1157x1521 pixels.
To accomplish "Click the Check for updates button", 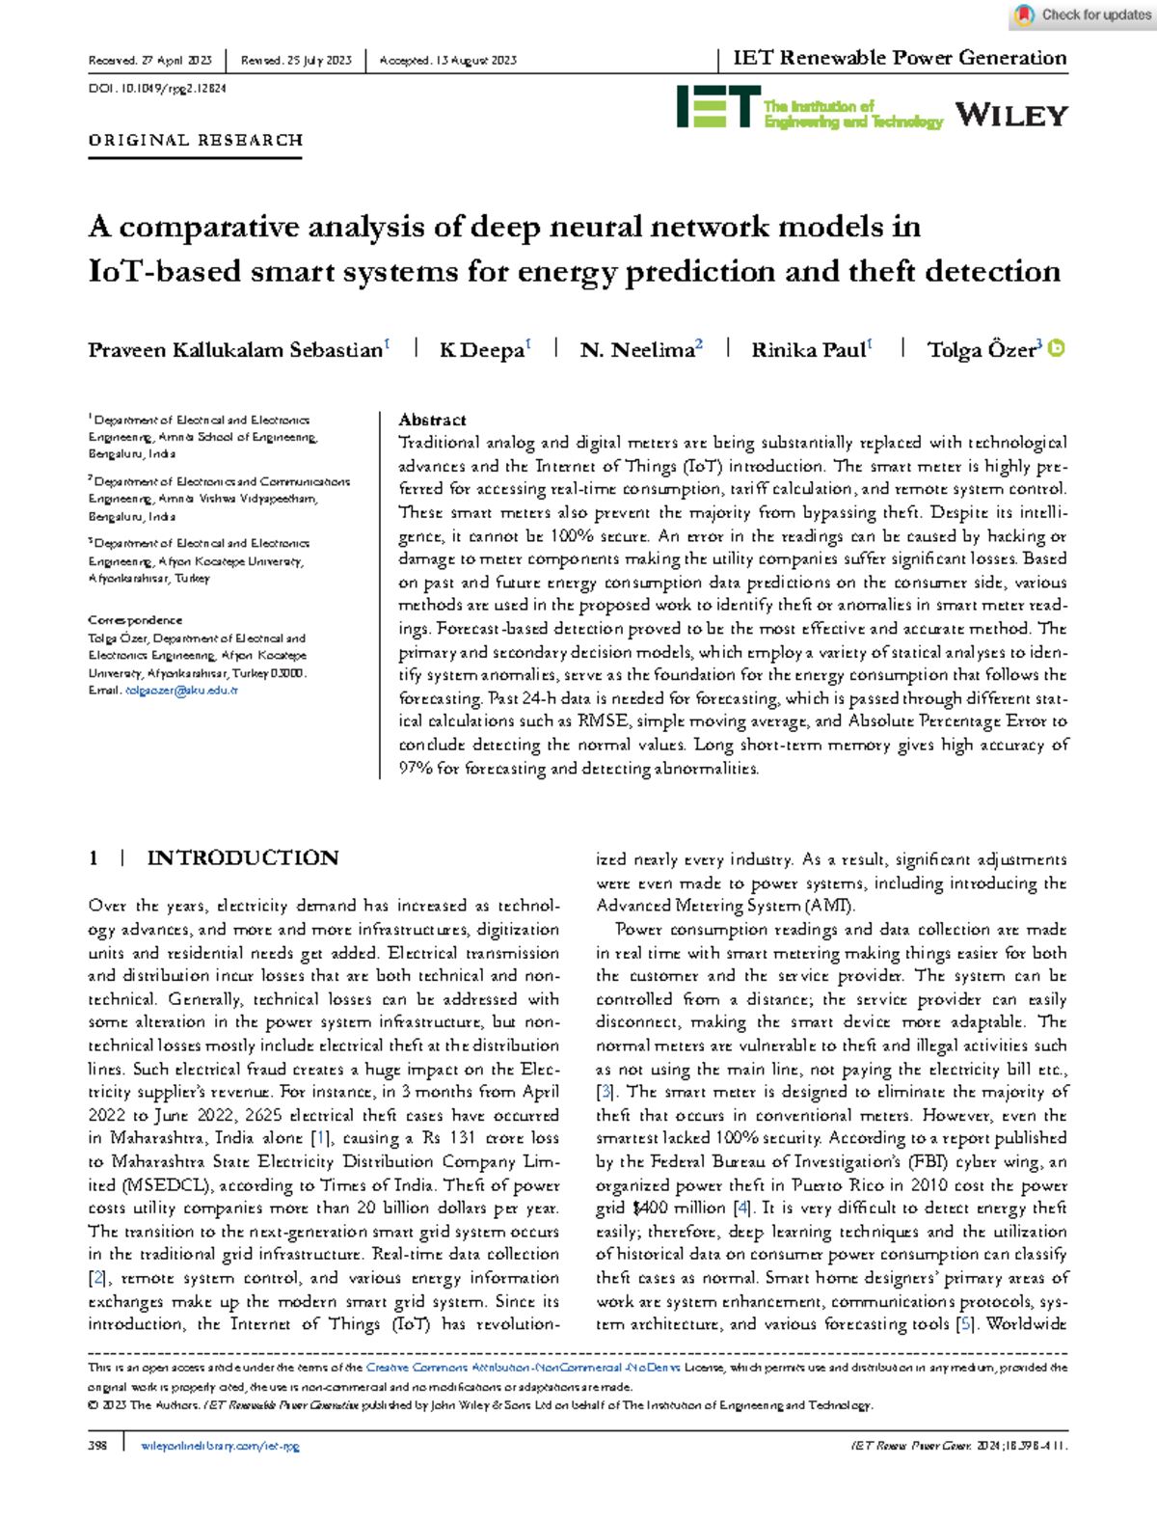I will point(1082,14).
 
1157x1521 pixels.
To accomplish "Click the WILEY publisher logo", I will point(1011,116).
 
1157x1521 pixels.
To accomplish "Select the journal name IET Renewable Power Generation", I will point(899,58).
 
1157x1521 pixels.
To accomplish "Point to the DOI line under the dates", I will point(157,89).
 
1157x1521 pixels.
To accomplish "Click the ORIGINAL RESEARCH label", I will point(196,140).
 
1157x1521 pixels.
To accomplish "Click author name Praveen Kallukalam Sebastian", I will point(235,350).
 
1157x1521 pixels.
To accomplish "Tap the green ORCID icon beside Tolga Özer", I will point(1057,348).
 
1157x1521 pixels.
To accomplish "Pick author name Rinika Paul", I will point(808,350).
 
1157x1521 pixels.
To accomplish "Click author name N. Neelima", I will point(636,350).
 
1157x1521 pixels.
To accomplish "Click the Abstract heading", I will point(432,420).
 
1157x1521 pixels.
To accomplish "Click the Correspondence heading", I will point(135,620).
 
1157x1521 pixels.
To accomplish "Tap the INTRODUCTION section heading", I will point(242,857).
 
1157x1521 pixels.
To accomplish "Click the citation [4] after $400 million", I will point(741,1208).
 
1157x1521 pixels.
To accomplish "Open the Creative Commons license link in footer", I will point(523,1367).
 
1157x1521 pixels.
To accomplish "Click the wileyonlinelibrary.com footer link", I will point(220,1446).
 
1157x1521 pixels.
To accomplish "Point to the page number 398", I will point(97,1446).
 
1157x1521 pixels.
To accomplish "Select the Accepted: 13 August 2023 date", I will point(448,60).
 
